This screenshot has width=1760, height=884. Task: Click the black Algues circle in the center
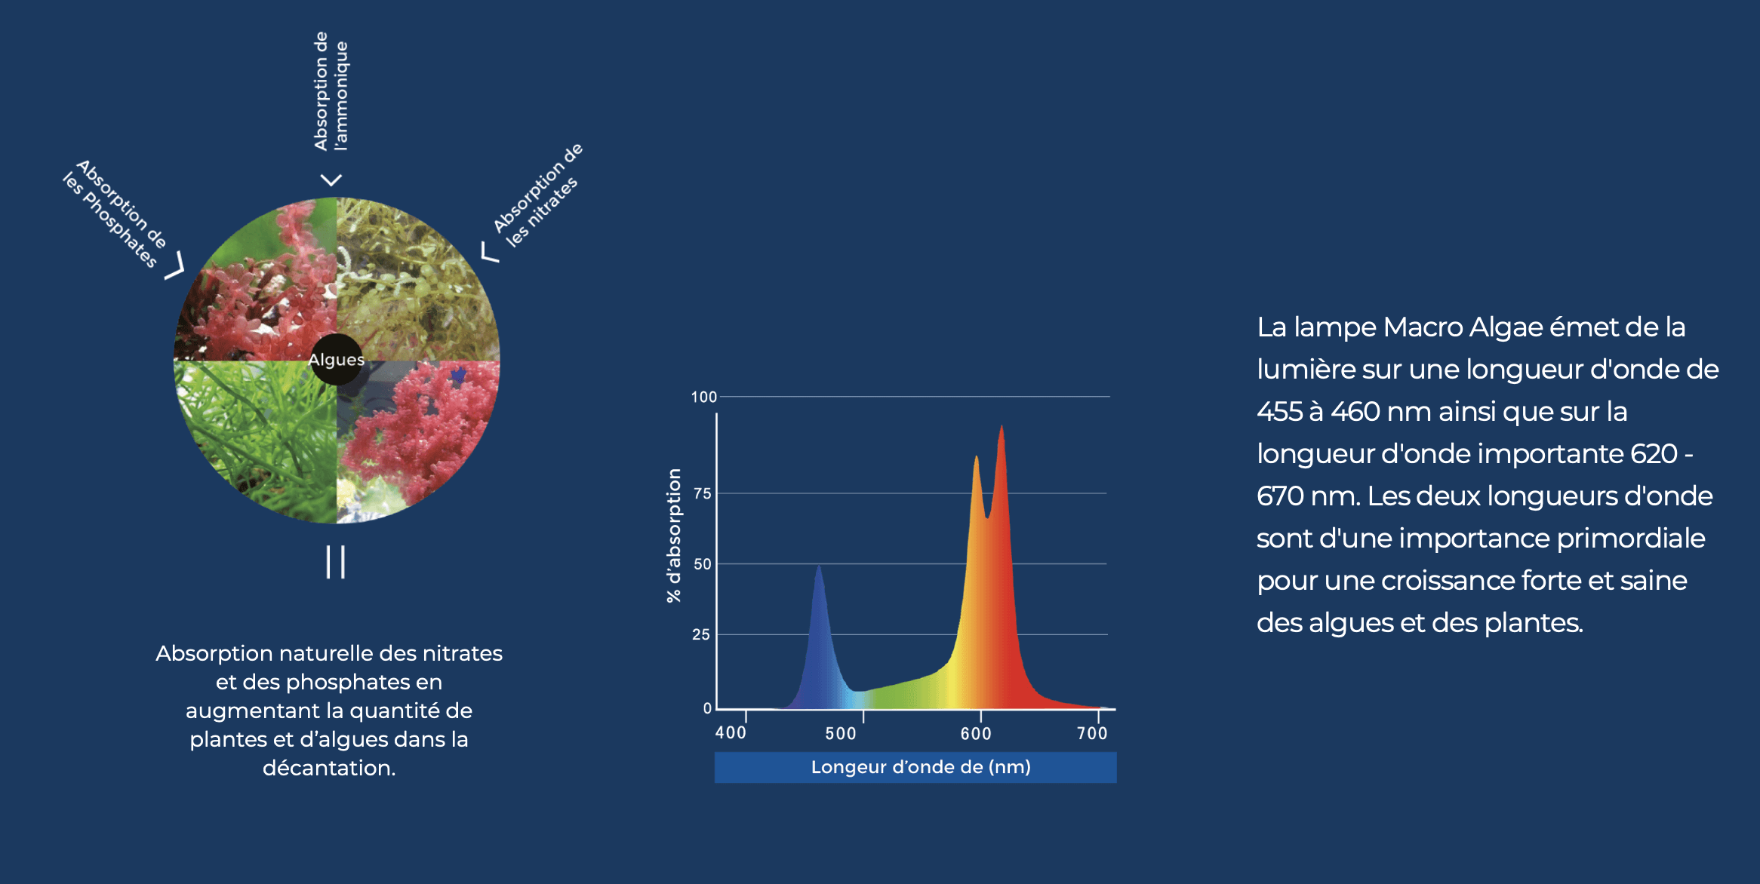(337, 360)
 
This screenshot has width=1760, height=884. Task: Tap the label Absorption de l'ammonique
(331, 91)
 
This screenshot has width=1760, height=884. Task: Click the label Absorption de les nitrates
(538, 195)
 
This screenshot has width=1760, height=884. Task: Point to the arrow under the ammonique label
(331, 180)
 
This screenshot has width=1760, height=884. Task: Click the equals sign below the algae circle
(336, 562)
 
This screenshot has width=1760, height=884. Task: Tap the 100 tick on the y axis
(703, 397)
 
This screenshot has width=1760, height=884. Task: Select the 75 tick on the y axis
(702, 493)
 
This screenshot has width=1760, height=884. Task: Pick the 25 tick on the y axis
(701, 634)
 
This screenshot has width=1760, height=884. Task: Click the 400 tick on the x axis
(731, 732)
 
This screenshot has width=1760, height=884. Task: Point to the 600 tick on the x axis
(976, 733)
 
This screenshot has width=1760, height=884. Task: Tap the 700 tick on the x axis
(1092, 733)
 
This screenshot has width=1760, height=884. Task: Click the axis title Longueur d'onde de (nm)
(920, 767)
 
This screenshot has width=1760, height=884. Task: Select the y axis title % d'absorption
(673, 536)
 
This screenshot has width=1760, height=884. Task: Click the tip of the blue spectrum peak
(819, 566)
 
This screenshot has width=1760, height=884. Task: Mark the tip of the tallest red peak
(1002, 427)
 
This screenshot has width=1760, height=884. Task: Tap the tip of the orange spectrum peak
(976, 456)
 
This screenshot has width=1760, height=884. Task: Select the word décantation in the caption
(328, 768)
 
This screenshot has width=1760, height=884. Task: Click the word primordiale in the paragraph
(1630, 539)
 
